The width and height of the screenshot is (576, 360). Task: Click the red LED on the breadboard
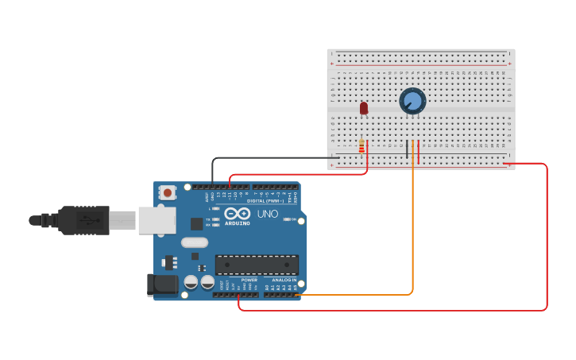(364, 107)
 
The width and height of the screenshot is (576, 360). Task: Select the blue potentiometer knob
(412, 101)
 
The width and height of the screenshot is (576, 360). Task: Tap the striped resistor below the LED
(361, 147)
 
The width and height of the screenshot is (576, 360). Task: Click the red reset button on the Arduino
(168, 192)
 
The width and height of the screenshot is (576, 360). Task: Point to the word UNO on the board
(268, 214)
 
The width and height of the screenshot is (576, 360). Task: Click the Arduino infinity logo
(237, 213)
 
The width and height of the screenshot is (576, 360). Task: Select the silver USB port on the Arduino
(157, 220)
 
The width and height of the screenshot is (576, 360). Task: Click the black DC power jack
(164, 285)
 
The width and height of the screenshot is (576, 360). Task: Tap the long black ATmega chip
(257, 265)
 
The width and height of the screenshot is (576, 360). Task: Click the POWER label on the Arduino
(249, 280)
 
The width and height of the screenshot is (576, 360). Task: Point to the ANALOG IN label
(284, 280)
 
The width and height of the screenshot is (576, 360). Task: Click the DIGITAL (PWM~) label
(265, 201)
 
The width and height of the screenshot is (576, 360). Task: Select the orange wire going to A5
(412, 238)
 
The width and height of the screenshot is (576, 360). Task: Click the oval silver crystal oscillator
(195, 242)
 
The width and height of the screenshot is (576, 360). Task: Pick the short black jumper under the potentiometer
(408, 149)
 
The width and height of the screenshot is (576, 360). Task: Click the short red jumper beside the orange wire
(419, 151)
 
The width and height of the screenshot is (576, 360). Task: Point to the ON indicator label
(293, 219)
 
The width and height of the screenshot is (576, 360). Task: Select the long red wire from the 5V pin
(547, 238)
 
